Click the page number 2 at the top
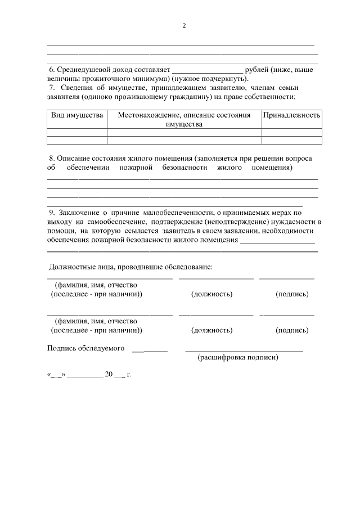183,26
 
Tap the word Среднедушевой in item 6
84,70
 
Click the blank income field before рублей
207,70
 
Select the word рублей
257,70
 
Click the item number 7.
51,88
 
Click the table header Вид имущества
77,115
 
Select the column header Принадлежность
291,115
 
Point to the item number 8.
51,159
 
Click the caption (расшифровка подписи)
238,357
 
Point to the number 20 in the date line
109,373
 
